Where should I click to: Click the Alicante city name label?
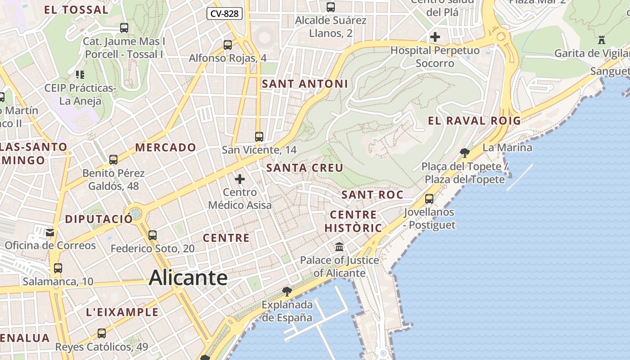pos(188,277)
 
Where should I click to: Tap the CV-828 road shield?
pos(225,13)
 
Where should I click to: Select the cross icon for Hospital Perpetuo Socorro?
pos(435,37)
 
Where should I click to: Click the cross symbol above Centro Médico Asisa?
pos(240,179)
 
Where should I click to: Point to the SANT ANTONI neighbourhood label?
pos(305,84)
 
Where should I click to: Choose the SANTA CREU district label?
pos(305,168)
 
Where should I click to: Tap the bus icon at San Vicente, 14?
pos(259,137)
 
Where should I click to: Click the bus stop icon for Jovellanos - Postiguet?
pos(429,198)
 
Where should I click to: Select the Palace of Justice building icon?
pos(339,247)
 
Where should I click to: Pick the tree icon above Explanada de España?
pos(287,292)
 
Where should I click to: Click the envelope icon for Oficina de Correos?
pos(50,232)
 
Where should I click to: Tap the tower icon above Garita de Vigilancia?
pos(602,40)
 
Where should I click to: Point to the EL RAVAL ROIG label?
pos(474,121)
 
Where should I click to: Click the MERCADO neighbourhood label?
pos(166,148)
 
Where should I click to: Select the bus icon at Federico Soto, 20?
pos(153,235)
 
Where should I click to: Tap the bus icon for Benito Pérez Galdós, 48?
pos(113,160)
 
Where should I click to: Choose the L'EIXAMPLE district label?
pos(122,312)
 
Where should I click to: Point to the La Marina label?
pos(507,148)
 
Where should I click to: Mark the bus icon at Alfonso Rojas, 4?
pos(228,45)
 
